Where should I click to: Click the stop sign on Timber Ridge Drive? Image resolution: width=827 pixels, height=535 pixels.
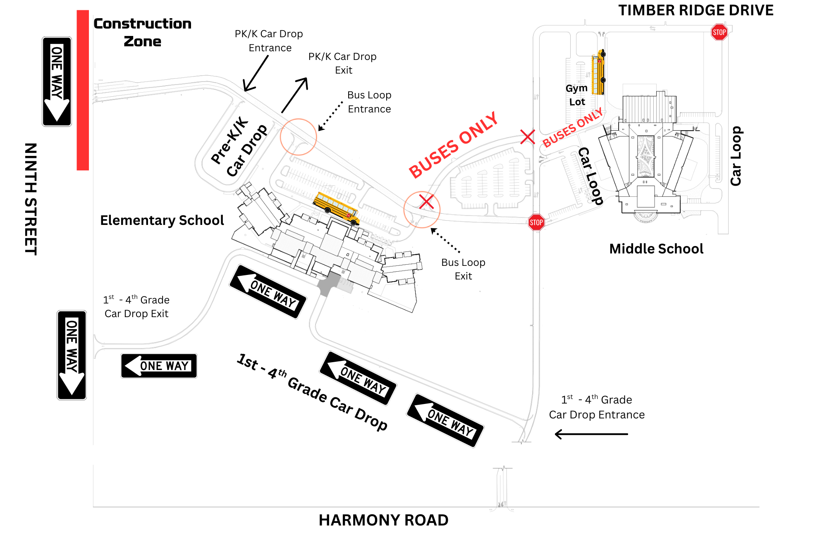[x=719, y=32]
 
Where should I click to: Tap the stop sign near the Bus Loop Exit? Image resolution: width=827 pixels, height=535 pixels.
[x=536, y=222]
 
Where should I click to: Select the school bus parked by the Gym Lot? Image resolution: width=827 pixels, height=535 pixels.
[x=598, y=72]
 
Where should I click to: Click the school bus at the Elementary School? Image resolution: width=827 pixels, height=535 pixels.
[x=336, y=208]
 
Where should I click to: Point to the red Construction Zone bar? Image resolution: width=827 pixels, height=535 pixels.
[x=83, y=90]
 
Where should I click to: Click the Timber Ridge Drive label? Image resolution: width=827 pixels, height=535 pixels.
[x=696, y=10]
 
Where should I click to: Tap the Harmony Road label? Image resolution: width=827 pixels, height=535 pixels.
[x=383, y=520]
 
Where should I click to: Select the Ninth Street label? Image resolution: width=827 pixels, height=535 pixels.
[x=31, y=199]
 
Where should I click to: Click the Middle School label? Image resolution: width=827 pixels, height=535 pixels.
[x=656, y=249]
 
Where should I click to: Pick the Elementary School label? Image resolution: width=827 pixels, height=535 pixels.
[x=162, y=220]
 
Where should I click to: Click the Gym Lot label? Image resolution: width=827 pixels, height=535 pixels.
[x=577, y=95]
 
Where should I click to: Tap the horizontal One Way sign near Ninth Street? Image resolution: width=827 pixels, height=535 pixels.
[x=159, y=366]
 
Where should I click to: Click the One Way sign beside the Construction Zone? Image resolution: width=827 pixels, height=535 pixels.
[x=57, y=81]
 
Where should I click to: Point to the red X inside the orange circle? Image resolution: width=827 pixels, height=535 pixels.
[x=426, y=202]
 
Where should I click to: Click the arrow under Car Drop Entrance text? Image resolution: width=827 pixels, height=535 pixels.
[x=591, y=434]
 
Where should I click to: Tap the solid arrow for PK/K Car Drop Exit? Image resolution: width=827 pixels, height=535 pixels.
[x=295, y=95]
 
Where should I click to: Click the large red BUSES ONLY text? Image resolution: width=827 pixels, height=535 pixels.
[x=453, y=145]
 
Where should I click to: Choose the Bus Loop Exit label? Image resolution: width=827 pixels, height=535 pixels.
[x=463, y=269]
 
